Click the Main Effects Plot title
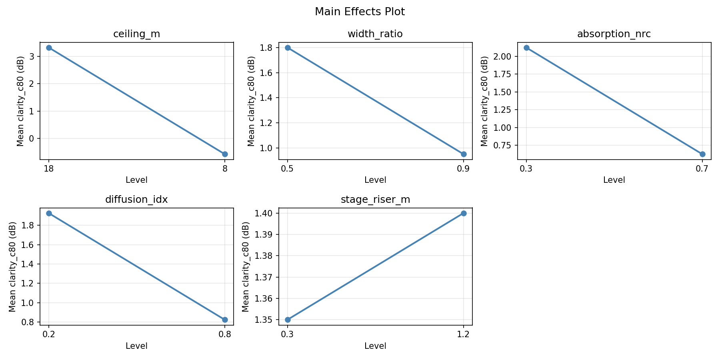360,12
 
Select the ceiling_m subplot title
137,34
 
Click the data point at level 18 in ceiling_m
49,48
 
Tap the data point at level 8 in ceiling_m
225,154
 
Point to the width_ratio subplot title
375,34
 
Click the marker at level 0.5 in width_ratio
288,48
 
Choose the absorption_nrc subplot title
614,34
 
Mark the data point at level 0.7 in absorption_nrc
702,154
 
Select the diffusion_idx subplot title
136,200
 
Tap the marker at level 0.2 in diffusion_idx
49,213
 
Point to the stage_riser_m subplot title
375,200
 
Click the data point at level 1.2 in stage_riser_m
464,213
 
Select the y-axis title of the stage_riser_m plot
246,266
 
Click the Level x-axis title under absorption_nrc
614,180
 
